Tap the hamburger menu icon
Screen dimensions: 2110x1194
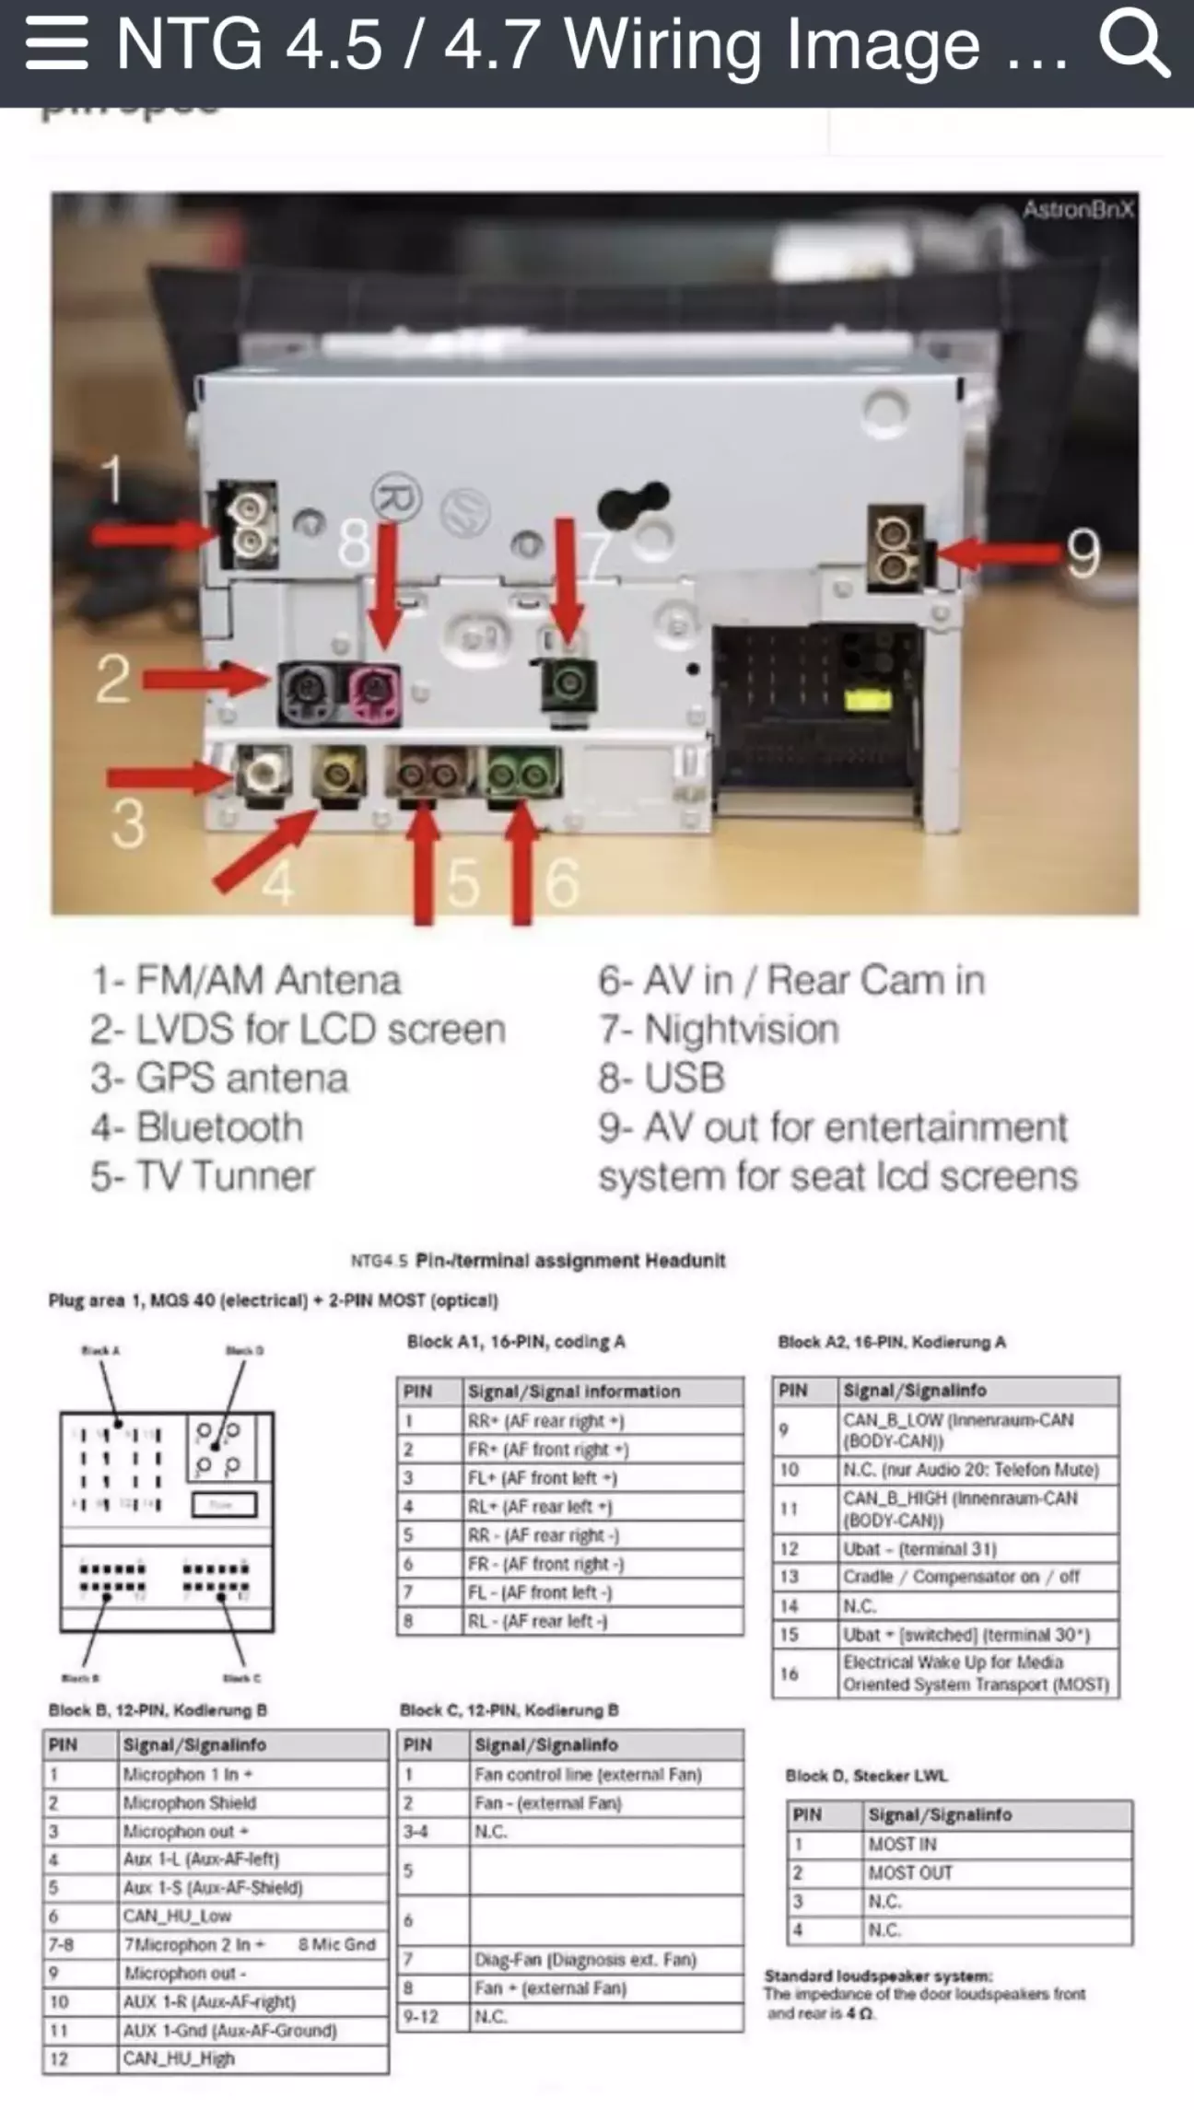click(57, 43)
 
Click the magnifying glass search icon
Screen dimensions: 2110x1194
click(1134, 43)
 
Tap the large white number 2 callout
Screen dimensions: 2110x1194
click(112, 680)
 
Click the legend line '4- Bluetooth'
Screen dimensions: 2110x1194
click(197, 1127)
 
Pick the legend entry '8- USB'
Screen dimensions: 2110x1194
click(661, 1078)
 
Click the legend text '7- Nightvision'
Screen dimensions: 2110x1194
click(719, 1030)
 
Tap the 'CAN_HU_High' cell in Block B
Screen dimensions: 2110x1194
click(180, 2058)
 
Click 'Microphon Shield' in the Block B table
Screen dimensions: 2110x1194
click(190, 1802)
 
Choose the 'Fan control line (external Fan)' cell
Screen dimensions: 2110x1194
click(588, 1774)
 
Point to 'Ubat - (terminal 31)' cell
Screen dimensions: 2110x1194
click(919, 1548)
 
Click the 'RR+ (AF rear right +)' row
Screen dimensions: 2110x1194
click(546, 1421)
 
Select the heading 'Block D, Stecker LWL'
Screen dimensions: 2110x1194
click(866, 1775)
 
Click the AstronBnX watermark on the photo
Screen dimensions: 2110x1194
click(1077, 210)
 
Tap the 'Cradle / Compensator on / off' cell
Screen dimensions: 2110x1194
click(961, 1577)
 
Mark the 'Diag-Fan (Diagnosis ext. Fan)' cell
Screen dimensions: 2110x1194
click(585, 1959)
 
